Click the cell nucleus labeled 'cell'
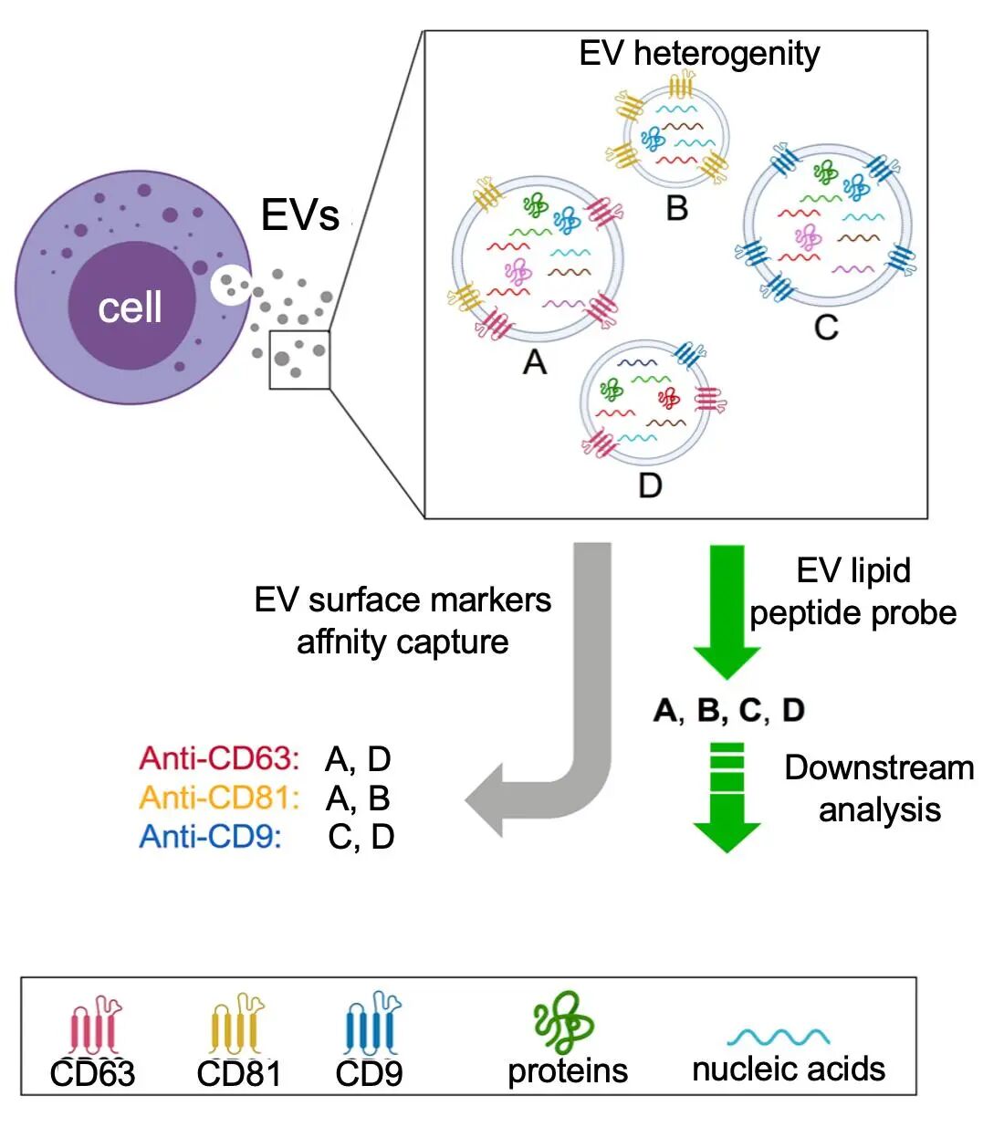click(131, 307)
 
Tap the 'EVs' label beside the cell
click(300, 215)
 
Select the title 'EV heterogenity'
click(699, 53)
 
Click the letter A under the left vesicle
click(535, 362)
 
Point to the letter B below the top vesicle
click(676, 208)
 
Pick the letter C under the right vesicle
click(826, 327)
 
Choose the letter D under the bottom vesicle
click(650, 485)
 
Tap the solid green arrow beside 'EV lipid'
click(727, 607)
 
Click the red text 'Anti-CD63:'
click(219, 758)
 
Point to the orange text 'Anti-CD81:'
click(219, 798)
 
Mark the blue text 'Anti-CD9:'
click(210, 836)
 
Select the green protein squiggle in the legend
click(563, 1022)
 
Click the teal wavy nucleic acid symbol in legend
click(779, 1037)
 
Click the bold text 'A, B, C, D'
click(729, 710)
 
